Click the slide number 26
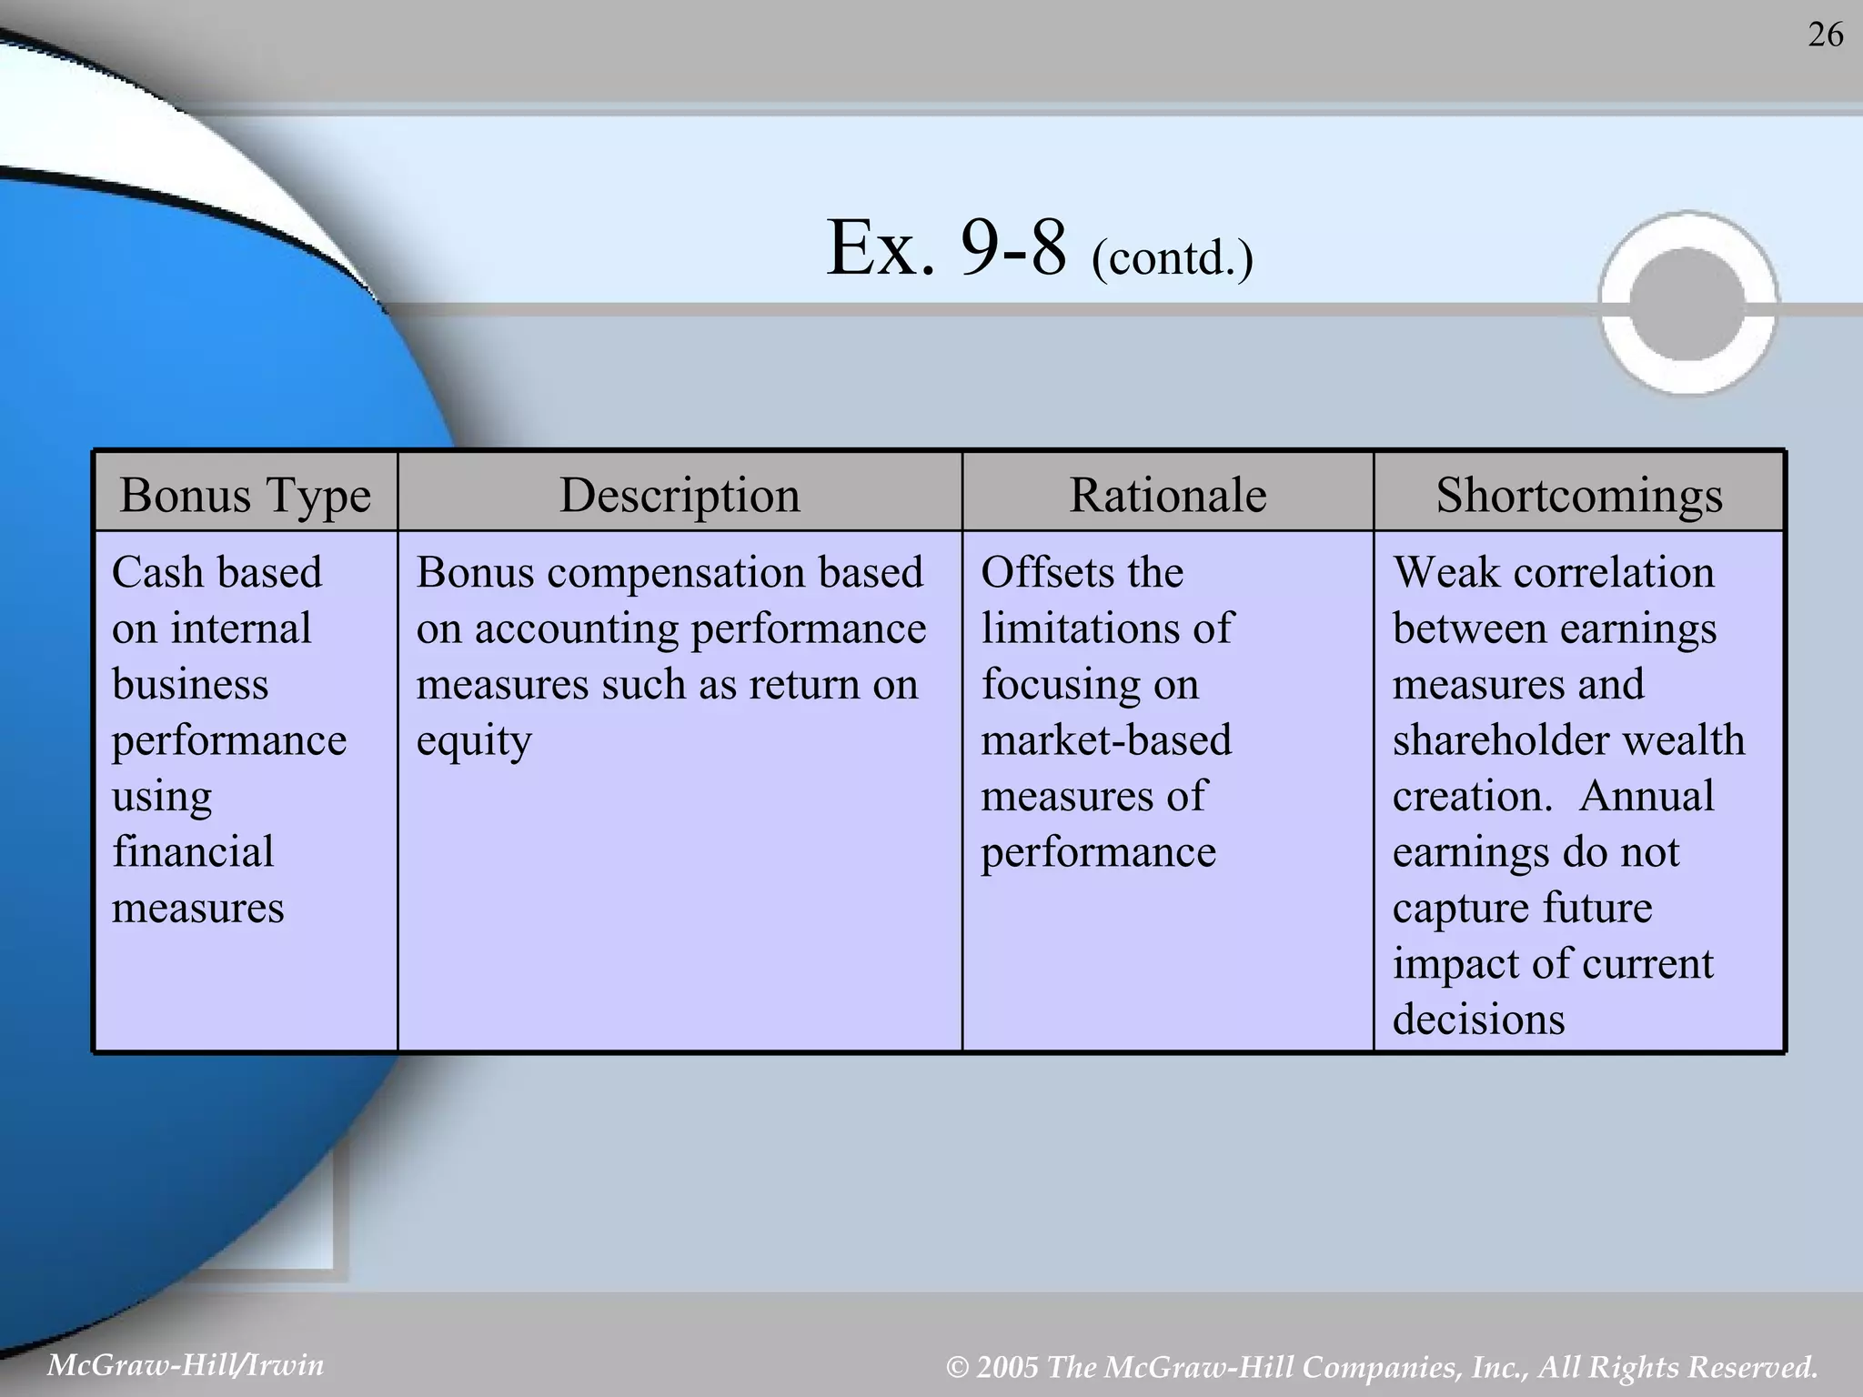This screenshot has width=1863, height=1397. click(1825, 35)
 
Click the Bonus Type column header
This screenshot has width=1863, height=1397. click(245, 496)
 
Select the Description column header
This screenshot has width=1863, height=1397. click(680, 496)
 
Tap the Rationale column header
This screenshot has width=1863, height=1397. click(1167, 496)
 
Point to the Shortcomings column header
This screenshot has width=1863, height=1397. click(1579, 496)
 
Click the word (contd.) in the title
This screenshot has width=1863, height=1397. click(1172, 257)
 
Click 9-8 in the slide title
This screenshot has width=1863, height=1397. click(1012, 248)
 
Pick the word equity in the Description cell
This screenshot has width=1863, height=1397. click(473, 741)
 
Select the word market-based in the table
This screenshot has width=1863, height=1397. click(1106, 739)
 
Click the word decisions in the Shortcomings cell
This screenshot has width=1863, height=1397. click(1478, 1020)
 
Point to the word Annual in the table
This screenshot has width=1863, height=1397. click(1646, 796)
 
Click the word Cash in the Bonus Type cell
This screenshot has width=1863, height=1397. click(156, 573)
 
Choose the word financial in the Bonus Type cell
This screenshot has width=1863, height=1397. click(192, 852)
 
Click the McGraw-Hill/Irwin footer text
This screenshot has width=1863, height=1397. click(186, 1365)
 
